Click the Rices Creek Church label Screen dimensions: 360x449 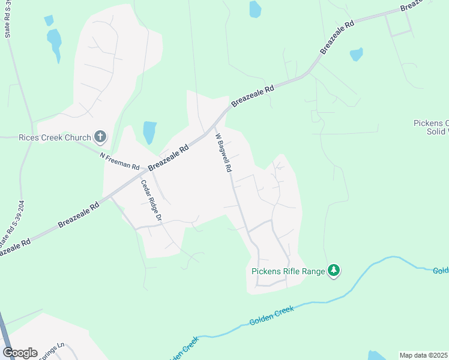point(54,137)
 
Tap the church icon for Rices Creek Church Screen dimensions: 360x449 point(100,137)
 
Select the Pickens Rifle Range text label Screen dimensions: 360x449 point(288,271)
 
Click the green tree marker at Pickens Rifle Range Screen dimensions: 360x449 point(334,271)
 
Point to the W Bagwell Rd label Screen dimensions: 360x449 point(223,153)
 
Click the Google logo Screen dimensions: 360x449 point(20,353)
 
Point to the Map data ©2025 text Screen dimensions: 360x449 point(424,355)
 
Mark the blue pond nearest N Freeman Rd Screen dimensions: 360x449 point(149,132)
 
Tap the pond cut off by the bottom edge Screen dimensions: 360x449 point(376,355)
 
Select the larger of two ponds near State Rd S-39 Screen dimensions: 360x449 point(55,44)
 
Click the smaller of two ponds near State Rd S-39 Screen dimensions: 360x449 point(49,20)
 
